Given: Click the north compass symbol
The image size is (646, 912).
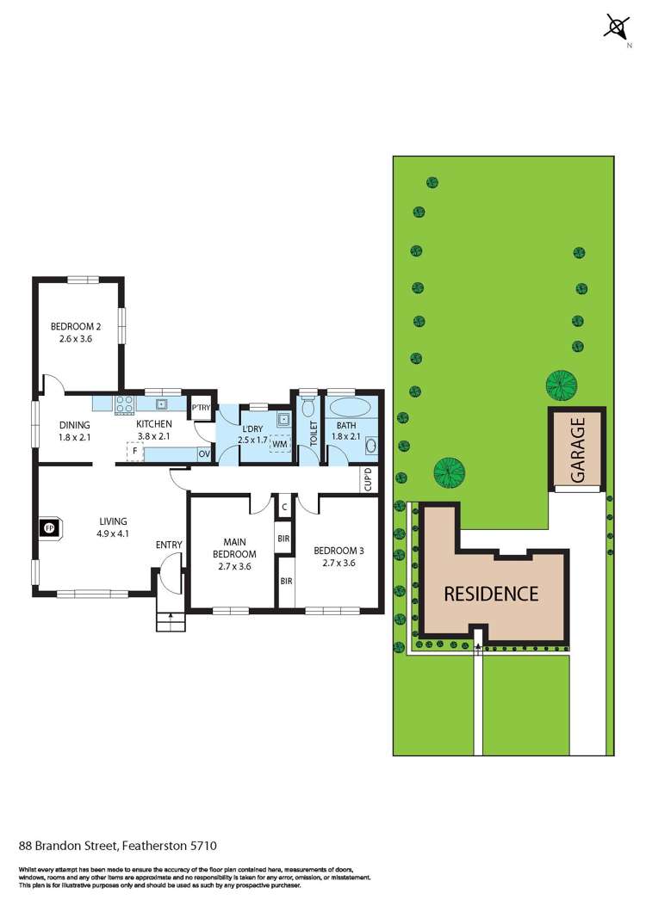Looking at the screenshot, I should click(x=616, y=28).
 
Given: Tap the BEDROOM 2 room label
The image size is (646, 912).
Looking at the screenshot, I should click(x=76, y=326).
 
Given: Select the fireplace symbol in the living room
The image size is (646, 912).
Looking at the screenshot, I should click(x=48, y=527).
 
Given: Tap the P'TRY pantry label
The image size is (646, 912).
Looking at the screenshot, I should click(x=202, y=408).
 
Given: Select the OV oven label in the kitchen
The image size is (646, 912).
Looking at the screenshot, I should click(x=204, y=453).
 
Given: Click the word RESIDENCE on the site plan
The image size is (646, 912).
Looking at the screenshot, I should click(x=491, y=594).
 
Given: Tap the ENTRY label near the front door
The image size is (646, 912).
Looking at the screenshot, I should click(x=168, y=545).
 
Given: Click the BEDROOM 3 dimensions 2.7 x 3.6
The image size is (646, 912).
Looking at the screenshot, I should click(x=334, y=564).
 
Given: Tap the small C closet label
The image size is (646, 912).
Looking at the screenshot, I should click(x=284, y=507).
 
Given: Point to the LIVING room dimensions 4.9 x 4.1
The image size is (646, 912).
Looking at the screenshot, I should click(x=113, y=533).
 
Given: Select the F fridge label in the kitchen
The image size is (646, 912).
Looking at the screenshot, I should click(x=135, y=450).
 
